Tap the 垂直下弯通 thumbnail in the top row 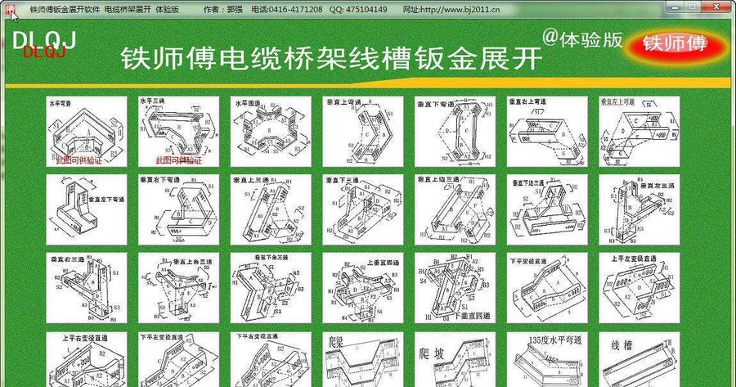[x=455, y=132]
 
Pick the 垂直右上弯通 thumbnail [x=547, y=132]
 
